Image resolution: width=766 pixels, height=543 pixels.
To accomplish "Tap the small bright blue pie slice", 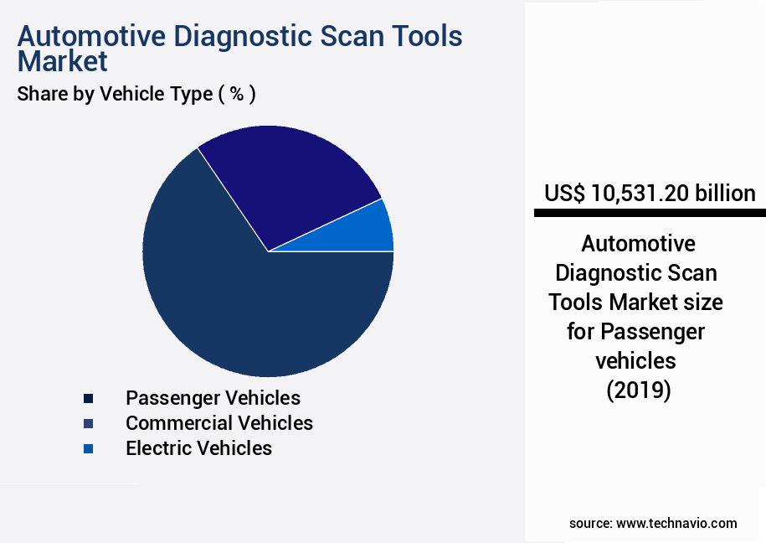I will (x=373, y=230).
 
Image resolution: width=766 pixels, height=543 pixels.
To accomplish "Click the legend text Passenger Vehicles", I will (x=213, y=397).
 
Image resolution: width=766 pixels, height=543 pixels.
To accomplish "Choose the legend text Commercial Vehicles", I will (x=219, y=423).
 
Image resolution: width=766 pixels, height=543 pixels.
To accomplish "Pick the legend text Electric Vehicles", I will (x=198, y=448).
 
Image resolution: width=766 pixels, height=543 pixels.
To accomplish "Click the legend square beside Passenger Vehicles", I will (x=88, y=398).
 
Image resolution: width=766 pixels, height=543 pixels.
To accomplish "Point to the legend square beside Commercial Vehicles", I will (x=88, y=423).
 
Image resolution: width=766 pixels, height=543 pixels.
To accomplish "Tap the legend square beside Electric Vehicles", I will (x=88, y=449).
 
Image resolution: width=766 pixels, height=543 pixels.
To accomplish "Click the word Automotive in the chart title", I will (x=89, y=36).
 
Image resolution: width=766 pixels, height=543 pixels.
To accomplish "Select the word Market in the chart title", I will (x=63, y=61).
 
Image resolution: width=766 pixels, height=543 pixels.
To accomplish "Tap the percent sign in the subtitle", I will (x=237, y=94).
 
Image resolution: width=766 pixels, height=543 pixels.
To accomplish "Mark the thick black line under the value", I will (x=650, y=214).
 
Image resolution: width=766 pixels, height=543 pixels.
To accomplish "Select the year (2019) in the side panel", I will (x=638, y=390).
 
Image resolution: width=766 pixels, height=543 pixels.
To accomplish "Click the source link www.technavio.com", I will (x=676, y=523).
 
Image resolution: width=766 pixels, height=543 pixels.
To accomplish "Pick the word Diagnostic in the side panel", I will (x=615, y=273).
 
